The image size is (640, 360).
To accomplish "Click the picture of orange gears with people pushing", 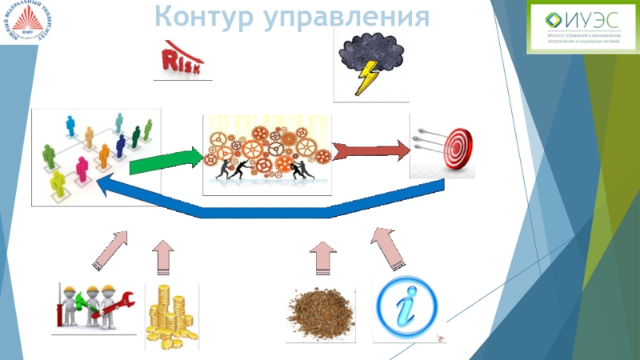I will pos(267,154).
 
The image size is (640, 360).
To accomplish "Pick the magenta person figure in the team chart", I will pos(82,168).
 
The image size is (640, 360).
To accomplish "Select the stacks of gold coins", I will pos(170,318).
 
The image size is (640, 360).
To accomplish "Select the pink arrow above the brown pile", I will pos(323,258).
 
